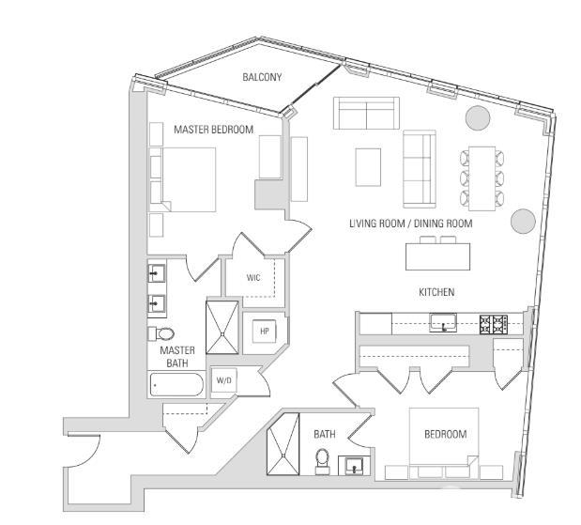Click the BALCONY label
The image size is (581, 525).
[262, 77]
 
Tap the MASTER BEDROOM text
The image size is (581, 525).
[213, 130]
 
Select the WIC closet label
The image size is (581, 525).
[253, 278]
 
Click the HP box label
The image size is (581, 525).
[264, 331]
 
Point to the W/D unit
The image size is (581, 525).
[224, 380]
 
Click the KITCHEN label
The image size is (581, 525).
[436, 292]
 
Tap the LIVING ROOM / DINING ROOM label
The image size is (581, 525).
[410, 224]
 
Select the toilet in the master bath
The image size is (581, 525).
[162, 333]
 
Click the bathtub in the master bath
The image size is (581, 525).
[176, 384]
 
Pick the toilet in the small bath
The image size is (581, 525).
[322, 461]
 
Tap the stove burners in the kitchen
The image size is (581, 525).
[494, 324]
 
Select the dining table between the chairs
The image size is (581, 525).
[482, 177]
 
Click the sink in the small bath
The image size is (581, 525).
[353, 465]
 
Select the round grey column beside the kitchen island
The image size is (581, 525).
[523, 222]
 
